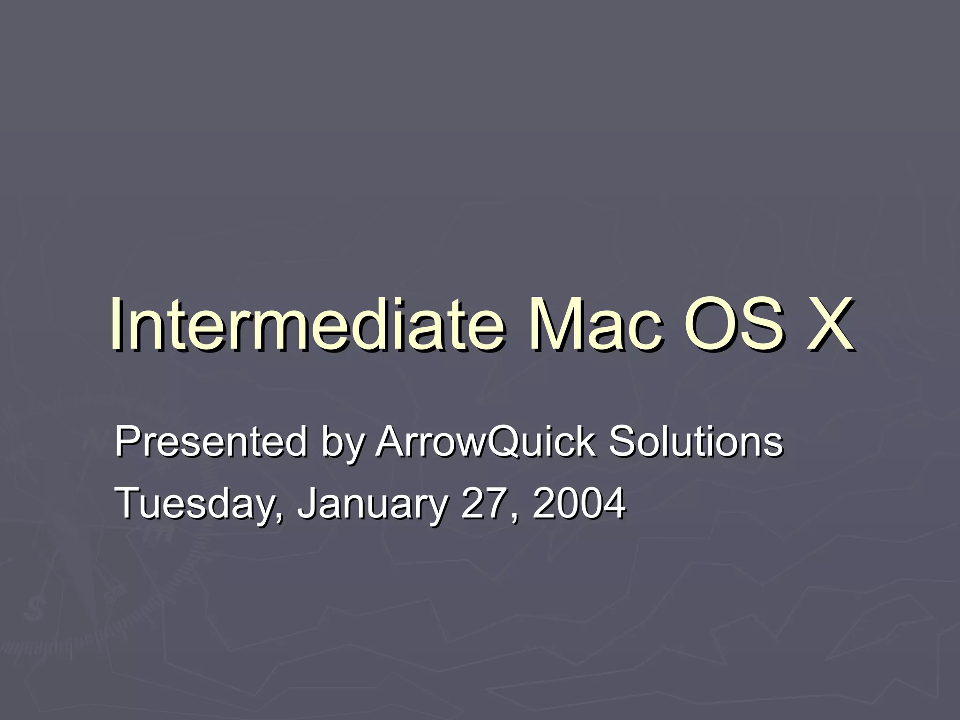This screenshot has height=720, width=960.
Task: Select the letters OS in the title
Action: (734, 324)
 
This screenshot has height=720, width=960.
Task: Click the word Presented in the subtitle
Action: (210, 442)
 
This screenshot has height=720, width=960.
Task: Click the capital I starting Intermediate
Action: (116, 324)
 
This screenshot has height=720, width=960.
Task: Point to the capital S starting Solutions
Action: (622, 442)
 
